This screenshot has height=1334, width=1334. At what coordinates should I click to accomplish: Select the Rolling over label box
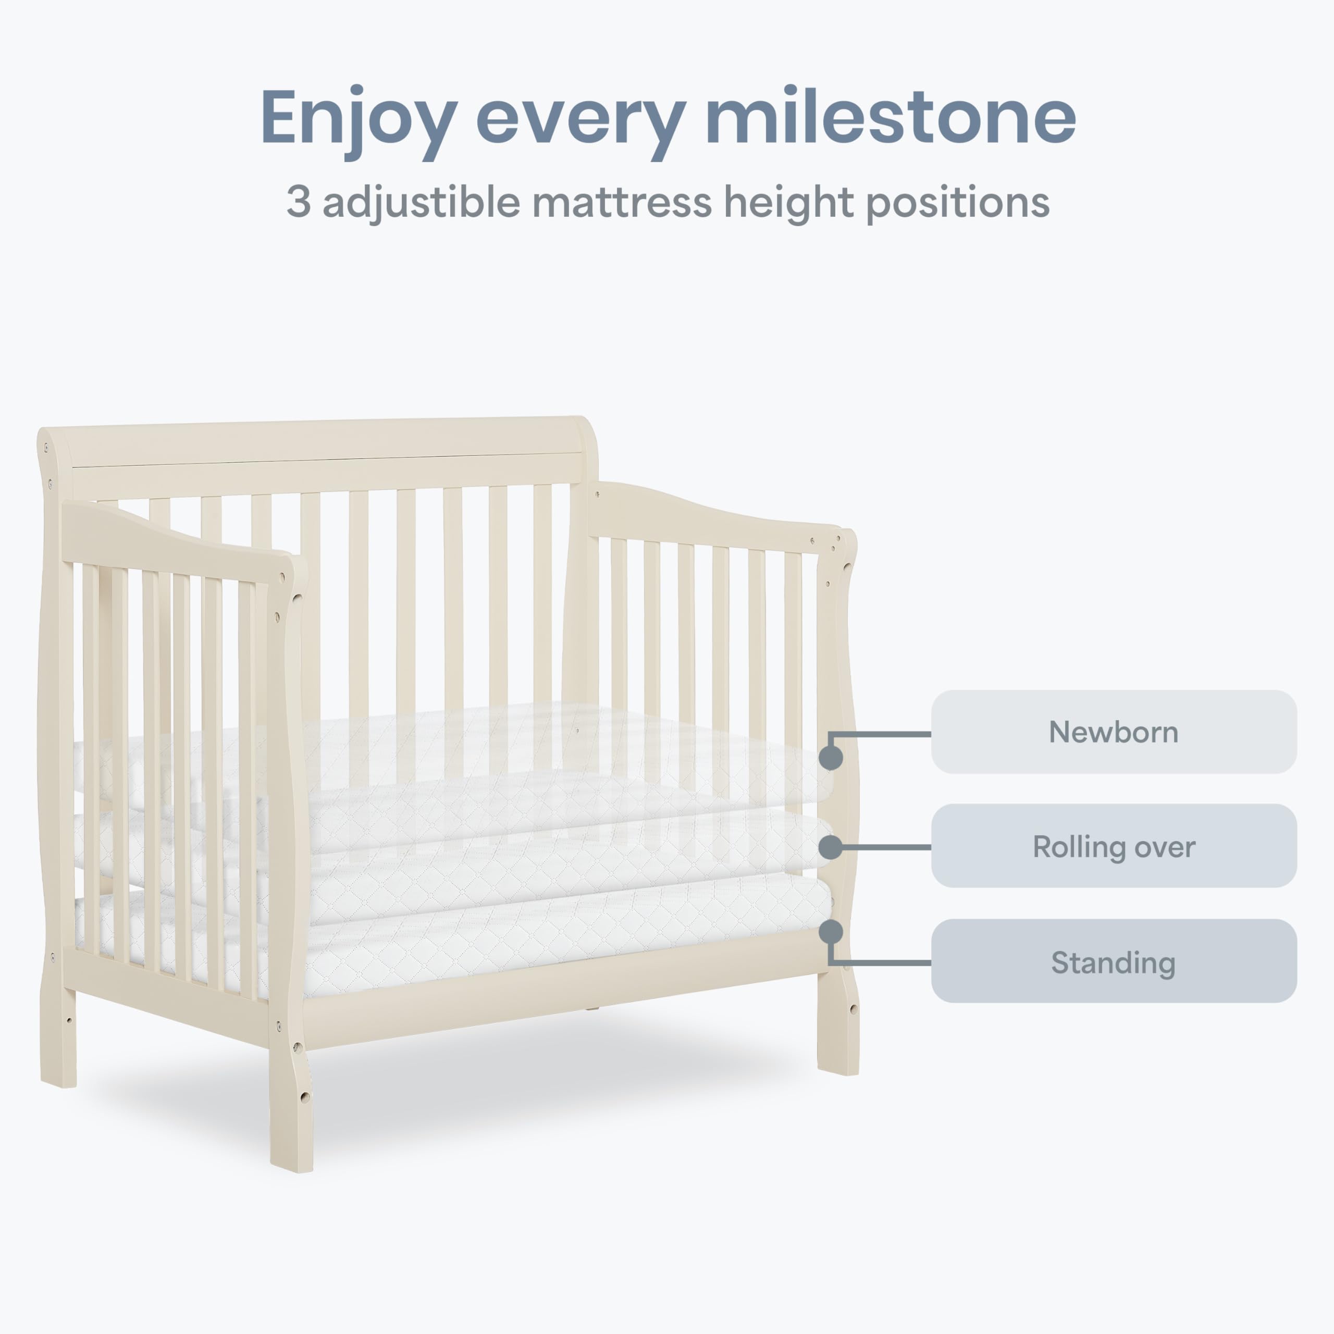point(1114,846)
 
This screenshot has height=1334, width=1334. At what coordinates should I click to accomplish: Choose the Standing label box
point(1114,961)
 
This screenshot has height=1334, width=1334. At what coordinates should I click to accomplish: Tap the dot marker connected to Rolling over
point(831,847)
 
